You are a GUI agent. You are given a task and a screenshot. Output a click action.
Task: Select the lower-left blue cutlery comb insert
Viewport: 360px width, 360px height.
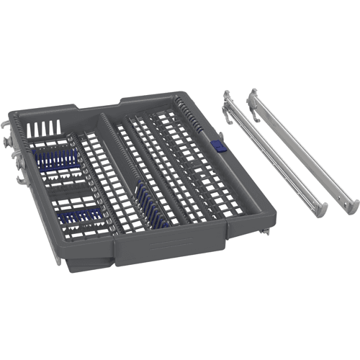81,213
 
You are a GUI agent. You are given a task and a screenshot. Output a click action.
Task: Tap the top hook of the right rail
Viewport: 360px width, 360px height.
253,97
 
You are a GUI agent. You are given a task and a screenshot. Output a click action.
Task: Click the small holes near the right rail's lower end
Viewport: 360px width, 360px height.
333,189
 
